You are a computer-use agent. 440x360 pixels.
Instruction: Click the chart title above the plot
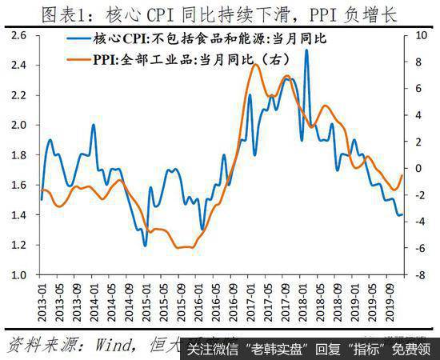pyautogui.click(x=219, y=14)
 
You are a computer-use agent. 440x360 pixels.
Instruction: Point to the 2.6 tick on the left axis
pyautogui.click(x=20, y=36)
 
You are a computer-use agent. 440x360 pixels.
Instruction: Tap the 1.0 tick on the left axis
pyautogui.click(x=20, y=275)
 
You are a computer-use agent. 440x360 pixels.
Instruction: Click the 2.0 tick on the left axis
pyautogui.click(x=20, y=126)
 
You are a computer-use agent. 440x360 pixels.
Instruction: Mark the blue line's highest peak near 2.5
pyautogui.click(x=306, y=50)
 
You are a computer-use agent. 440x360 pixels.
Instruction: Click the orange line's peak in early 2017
pyautogui.click(x=254, y=64)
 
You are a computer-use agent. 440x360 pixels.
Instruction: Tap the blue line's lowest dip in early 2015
pyautogui.click(x=145, y=245)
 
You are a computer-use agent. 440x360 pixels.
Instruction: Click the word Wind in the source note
pyautogui.click(x=96, y=344)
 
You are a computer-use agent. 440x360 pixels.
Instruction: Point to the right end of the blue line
pyautogui.click(x=402, y=214)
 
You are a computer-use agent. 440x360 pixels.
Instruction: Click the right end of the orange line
pyautogui.click(x=402, y=175)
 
